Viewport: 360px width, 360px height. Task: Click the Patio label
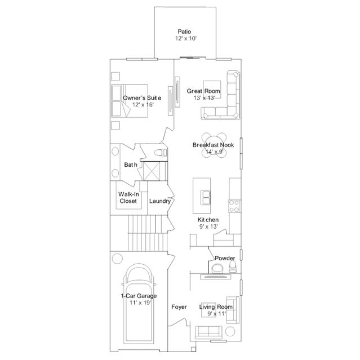[184, 32]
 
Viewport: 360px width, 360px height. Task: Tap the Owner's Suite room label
[142, 98]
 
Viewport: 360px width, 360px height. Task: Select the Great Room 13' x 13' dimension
[204, 98]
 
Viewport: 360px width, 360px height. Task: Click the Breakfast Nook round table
[214, 145]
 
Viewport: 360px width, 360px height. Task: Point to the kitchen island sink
[205, 197]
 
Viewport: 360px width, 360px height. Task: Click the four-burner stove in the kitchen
[234, 206]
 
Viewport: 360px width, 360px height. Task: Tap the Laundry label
[160, 201]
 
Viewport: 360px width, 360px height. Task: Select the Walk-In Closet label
[128, 197]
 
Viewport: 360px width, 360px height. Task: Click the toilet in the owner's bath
[160, 153]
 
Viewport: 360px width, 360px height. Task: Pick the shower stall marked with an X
[152, 171]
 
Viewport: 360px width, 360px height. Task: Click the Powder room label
[225, 258]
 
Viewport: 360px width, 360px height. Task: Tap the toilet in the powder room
[233, 267]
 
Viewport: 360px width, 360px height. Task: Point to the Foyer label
[179, 307]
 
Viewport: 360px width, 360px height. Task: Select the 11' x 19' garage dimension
[140, 303]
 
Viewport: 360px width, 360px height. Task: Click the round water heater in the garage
[117, 259]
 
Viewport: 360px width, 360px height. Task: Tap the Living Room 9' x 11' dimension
[217, 314]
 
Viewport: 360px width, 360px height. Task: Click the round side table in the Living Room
[230, 331]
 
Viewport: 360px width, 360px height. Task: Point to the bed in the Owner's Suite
[130, 101]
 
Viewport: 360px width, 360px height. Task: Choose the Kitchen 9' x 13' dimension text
[208, 226]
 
